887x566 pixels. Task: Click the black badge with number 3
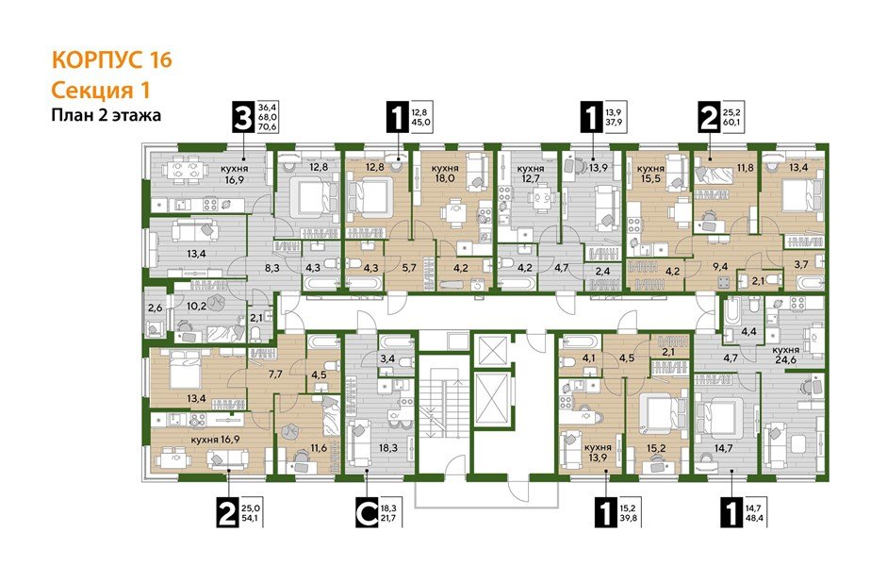244,118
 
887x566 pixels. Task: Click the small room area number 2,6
156,306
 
